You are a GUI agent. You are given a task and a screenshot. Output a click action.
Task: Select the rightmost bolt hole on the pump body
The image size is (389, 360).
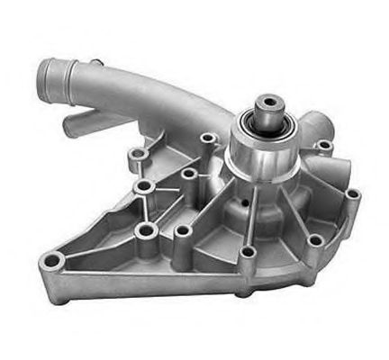352,193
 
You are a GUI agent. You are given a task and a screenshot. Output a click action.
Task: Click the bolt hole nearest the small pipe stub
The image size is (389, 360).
138,154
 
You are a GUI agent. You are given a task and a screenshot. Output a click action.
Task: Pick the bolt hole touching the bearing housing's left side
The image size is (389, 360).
209,139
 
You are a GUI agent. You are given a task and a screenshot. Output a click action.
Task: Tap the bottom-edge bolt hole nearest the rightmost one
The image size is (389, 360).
314,240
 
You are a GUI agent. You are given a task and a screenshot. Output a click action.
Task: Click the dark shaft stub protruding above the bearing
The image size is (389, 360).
268,107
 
